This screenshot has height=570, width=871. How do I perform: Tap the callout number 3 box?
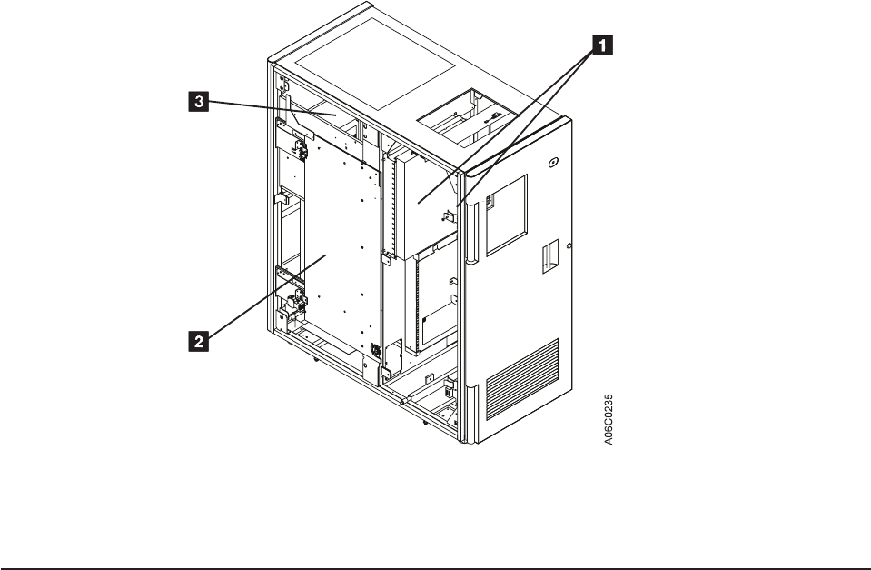(x=193, y=104)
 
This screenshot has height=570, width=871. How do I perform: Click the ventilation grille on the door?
(x=531, y=377)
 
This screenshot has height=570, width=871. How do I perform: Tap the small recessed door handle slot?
(x=550, y=256)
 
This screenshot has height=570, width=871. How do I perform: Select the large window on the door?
(x=507, y=214)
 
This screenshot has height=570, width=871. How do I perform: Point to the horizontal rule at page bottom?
(x=435, y=546)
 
